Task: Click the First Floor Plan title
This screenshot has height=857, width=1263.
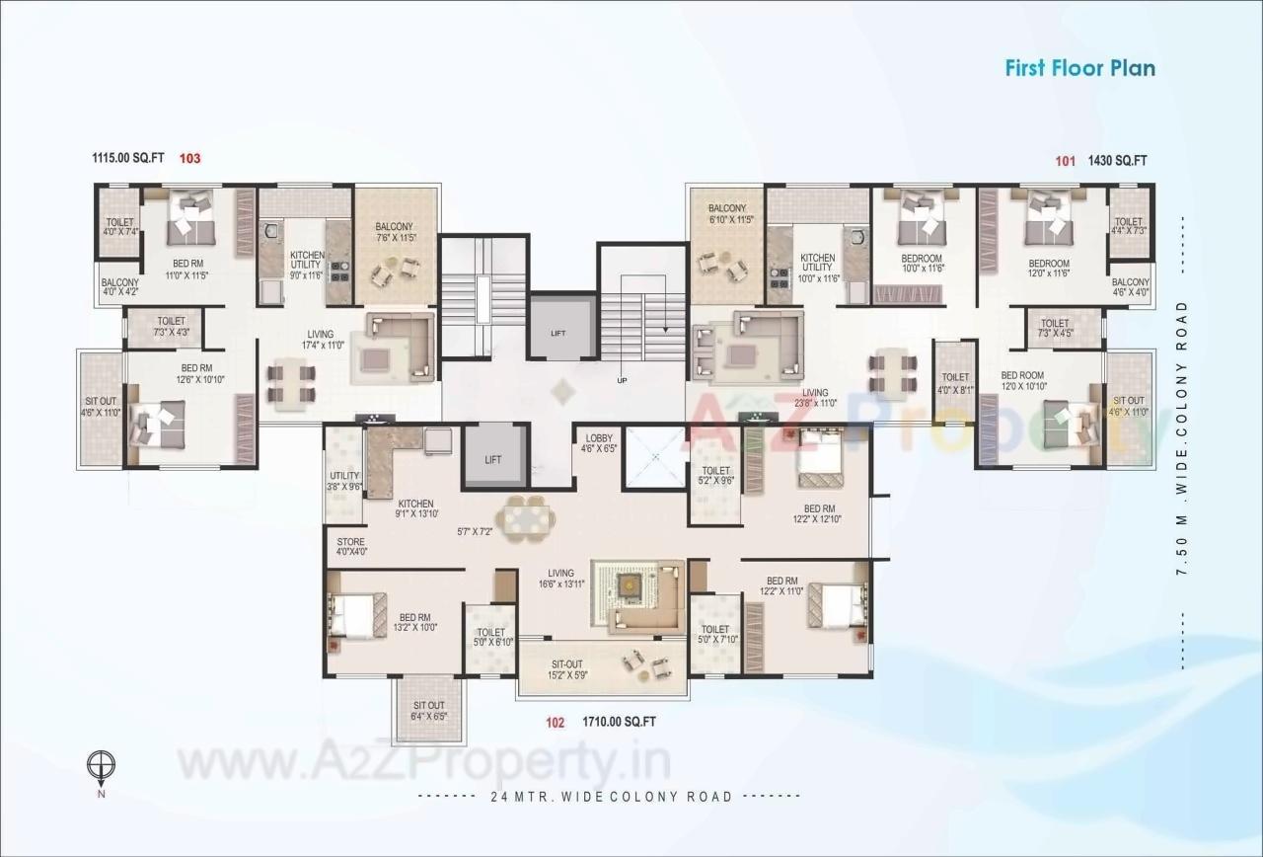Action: (x=1079, y=68)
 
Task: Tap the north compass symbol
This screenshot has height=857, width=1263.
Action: (x=101, y=765)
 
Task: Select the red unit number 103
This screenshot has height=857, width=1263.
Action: (x=190, y=158)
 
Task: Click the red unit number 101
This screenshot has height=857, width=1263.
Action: (x=1065, y=160)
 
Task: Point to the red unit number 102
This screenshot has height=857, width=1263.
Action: (x=555, y=722)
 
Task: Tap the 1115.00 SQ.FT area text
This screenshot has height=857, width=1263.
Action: (x=128, y=158)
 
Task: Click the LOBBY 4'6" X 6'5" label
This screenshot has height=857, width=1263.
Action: (x=599, y=443)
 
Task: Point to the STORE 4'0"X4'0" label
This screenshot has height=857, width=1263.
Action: (x=351, y=547)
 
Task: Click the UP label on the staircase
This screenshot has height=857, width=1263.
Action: (x=621, y=380)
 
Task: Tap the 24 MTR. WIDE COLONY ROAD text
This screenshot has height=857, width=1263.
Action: (x=611, y=797)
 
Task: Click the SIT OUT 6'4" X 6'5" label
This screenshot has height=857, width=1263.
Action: (x=428, y=711)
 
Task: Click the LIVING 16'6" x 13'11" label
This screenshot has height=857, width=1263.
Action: (x=560, y=579)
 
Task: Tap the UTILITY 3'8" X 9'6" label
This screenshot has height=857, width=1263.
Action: (x=343, y=481)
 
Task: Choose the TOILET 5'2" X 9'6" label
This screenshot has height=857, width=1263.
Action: (x=715, y=477)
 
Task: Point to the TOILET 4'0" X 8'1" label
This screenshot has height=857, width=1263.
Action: (x=955, y=383)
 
